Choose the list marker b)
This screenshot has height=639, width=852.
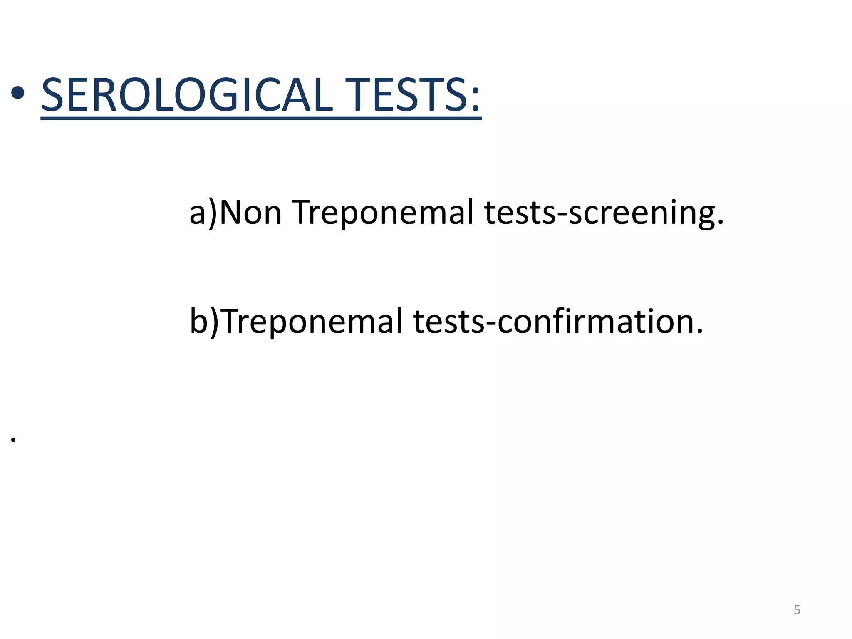pos(204,322)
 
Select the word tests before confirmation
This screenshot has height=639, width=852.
pos(449,322)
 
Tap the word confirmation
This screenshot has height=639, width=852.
pos(595,322)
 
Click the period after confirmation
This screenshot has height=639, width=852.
pos(699,332)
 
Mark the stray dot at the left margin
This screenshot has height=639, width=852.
pos(14,440)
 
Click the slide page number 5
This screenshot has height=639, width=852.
pos(797,610)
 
